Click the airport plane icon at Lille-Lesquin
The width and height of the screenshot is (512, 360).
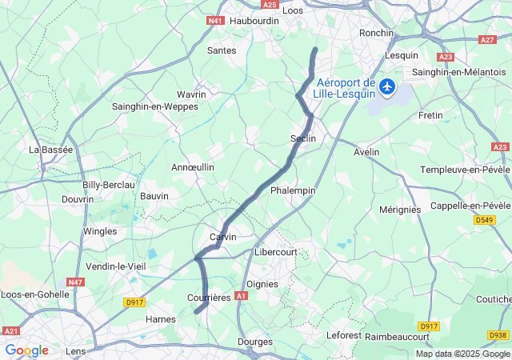[388, 86]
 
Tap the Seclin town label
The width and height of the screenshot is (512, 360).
[303, 138]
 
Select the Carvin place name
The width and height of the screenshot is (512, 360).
[222, 238]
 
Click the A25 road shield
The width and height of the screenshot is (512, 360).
[270, 5]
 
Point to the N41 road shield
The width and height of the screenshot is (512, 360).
[214, 20]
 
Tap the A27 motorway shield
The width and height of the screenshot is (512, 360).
[487, 39]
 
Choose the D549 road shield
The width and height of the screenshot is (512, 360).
[484, 219]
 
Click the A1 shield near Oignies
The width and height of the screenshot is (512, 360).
[242, 295]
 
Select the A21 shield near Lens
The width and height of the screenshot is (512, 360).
[11, 330]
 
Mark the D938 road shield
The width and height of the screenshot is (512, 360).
[498, 335]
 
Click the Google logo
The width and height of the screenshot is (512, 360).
[26, 350]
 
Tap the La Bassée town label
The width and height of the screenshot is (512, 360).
[50, 150]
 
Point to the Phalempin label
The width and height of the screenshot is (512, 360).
[293, 190]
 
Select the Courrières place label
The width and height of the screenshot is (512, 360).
[208, 298]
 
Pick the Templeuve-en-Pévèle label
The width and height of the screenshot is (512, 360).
[466, 170]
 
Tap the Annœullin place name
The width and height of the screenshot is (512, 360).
[193, 167]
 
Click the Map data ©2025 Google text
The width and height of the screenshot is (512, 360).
[462, 354]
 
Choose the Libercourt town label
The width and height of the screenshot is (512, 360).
[275, 252]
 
